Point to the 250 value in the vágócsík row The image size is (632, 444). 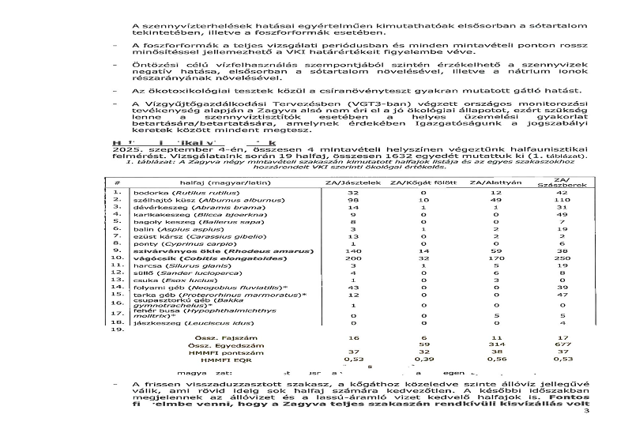[x=562, y=258]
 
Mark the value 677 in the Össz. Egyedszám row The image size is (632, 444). [x=562, y=344]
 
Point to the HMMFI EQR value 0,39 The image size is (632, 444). [x=423, y=359]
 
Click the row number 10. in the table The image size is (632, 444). [x=118, y=258]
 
